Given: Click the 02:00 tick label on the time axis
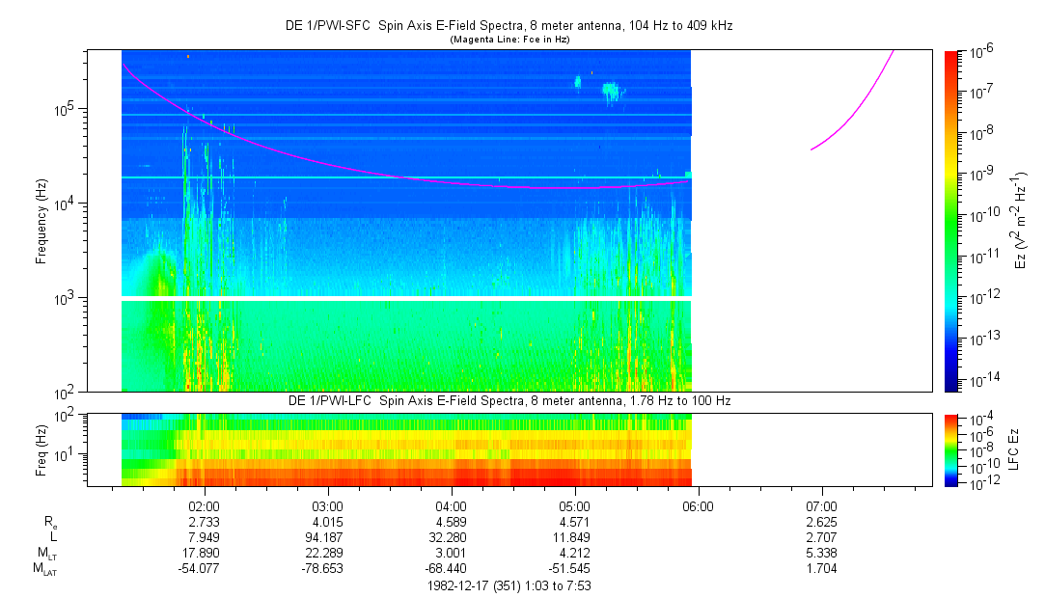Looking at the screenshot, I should pos(205,505).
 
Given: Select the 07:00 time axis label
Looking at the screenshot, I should pos(821,505).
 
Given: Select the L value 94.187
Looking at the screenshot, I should pos(328,537).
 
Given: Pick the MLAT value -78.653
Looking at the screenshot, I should pos(328,569).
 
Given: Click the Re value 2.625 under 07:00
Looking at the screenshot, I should pos(821,522).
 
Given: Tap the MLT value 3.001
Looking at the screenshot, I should pos(452,553).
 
